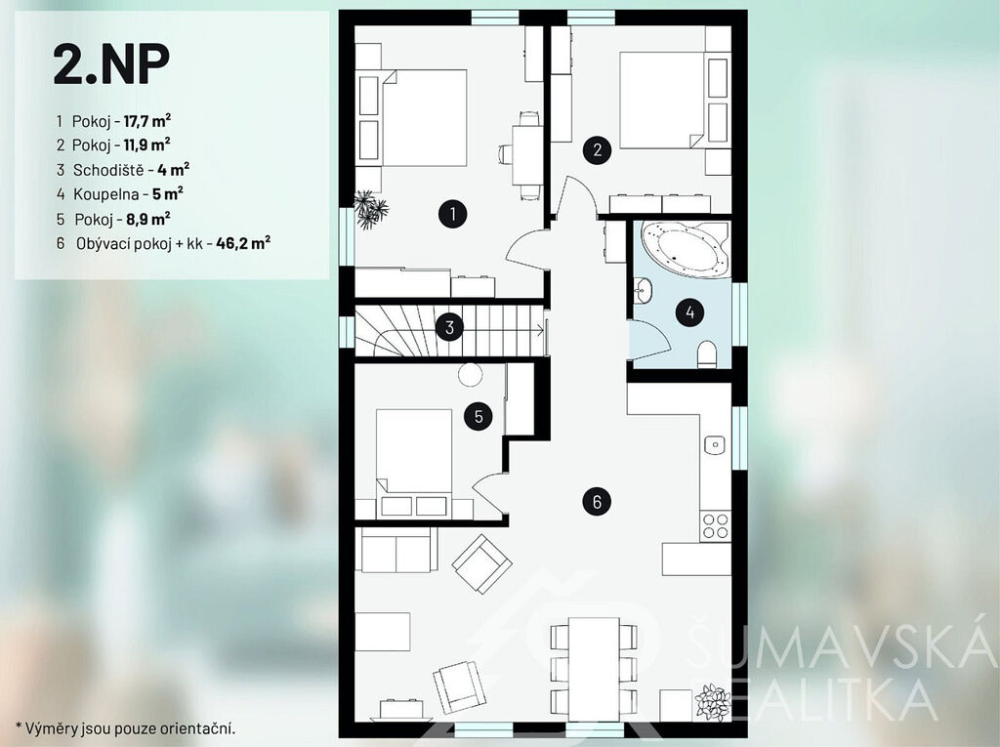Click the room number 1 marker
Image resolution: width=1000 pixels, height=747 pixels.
click(453, 214)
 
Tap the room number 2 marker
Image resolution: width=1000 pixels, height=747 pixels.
click(597, 150)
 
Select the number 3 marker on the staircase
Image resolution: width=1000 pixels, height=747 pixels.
click(449, 327)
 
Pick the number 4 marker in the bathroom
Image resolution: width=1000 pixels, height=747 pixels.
click(689, 312)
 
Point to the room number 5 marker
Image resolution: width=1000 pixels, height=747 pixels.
click(479, 417)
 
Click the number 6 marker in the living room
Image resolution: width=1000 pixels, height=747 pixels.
click(597, 501)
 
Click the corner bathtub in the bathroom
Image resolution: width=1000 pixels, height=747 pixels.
click(687, 249)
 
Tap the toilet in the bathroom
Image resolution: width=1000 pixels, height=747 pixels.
click(707, 354)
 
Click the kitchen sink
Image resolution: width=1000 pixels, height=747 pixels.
click(716, 444)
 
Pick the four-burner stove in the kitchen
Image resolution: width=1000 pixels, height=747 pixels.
click(715, 526)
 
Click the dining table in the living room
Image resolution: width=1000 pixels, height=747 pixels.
click(594, 669)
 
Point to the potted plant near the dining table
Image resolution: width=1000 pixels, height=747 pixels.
click(712, 702)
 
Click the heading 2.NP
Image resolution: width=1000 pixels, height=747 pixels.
click(111, 64)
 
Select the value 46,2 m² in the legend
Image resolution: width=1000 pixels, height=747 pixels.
click(243, 243)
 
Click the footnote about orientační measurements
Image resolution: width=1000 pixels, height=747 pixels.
click(126, 727)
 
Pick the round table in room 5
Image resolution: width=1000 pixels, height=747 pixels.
click(470, 374)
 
